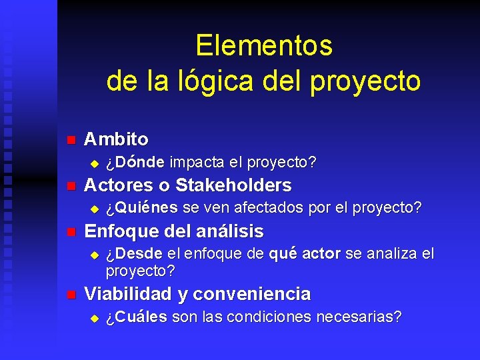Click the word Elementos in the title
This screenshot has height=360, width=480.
(x=264, y=46)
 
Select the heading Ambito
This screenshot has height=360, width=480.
(x=116, y=139)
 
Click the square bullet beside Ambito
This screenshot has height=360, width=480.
(x=71, y=140)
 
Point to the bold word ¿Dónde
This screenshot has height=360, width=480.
(x=136, y=162)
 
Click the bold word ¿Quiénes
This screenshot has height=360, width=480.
(x=141, y=207)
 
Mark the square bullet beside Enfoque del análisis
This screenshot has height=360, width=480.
(x=71, y=233)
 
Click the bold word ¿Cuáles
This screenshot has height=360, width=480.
(x=137, y=316)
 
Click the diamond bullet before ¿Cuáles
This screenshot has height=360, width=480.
(x=94, y=317)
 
